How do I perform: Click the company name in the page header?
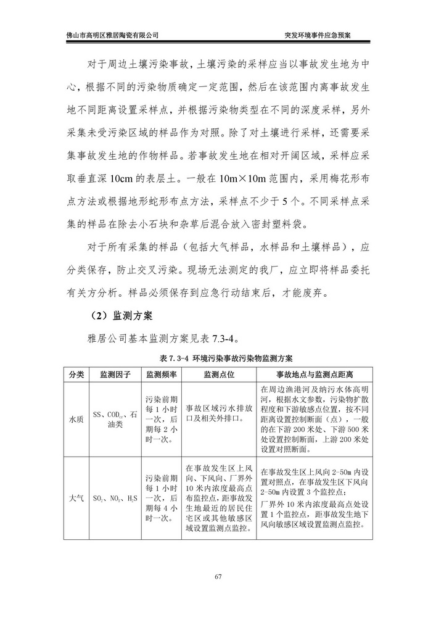coord(112,35)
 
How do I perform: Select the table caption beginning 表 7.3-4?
coord(218,358)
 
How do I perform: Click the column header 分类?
coord(76,375)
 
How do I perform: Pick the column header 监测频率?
coord(162,375)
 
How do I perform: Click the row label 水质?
coord(76,419)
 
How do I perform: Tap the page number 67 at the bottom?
coord(218,577)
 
